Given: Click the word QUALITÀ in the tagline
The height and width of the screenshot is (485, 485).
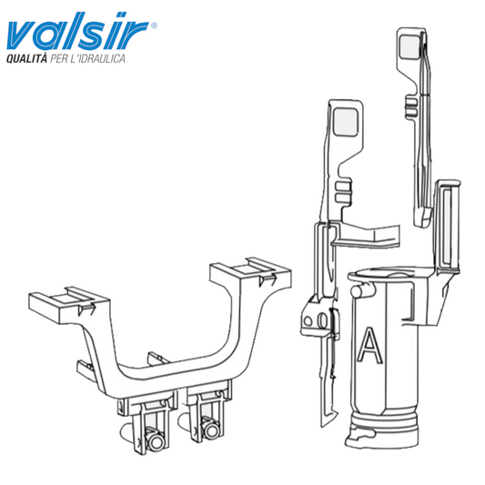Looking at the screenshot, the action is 26,58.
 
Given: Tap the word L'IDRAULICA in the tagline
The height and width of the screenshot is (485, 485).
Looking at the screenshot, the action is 97,58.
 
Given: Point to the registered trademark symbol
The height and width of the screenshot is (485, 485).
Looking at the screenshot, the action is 154,25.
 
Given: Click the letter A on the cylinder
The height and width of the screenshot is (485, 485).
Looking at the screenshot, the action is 369,345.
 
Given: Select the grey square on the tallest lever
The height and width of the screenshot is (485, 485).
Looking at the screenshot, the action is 409,46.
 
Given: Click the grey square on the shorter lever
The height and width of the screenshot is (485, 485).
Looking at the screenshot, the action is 346,122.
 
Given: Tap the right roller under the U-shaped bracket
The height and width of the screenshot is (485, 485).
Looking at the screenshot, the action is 211,429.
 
